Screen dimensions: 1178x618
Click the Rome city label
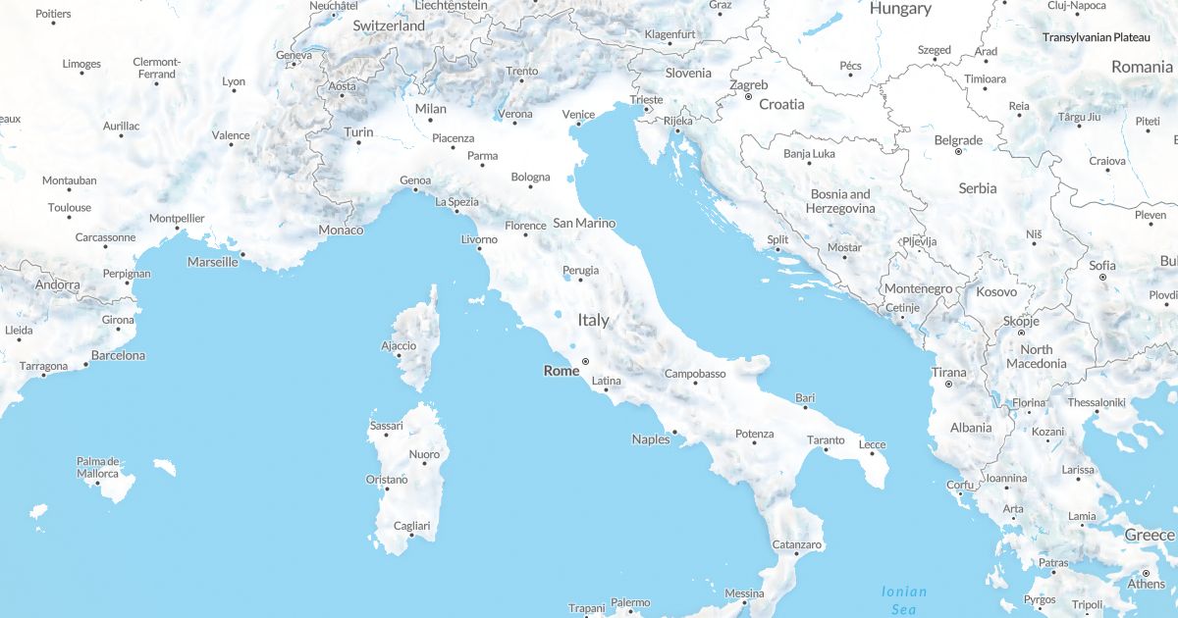point(562,371)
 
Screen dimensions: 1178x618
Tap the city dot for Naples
point(674,431)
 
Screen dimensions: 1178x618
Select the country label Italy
point(593,320)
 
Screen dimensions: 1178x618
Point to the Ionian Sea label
point(903,599)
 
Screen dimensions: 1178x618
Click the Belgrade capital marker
point(958,152)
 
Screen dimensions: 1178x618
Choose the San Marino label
point(584,223)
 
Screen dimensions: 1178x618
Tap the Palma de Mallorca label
point(98,467)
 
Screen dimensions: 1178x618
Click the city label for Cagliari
point(411,526)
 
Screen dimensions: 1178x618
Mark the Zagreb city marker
point(748,96)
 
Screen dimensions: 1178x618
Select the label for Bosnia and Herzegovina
point(839,201)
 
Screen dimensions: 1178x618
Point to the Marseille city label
point(213,262)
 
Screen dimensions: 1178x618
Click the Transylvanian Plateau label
point(1096,37)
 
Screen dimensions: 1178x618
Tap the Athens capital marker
point(1146,573)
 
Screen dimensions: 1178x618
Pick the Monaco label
point(341,230)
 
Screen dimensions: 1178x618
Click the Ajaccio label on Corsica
point(399,345)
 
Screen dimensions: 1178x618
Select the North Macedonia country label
point(1036,356)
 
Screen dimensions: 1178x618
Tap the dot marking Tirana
point(947,384)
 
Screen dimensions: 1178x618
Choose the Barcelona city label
point(118,355)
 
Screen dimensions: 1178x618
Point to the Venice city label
point(578,114)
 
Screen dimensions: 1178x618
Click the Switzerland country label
point(389,26)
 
